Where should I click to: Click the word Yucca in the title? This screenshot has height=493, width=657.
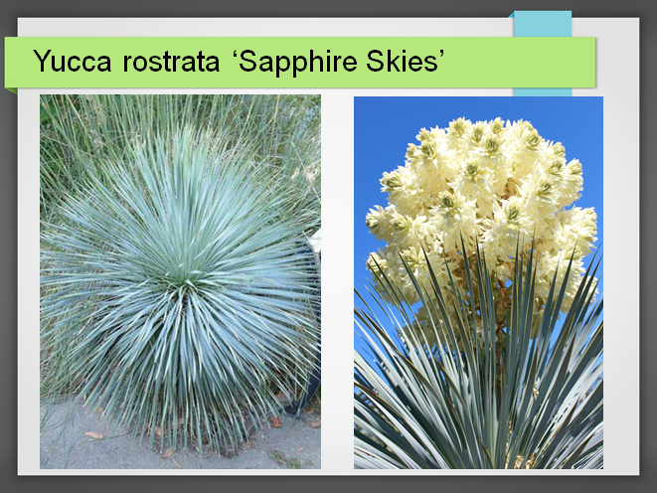(73, 62)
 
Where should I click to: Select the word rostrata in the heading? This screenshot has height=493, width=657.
(171, 62)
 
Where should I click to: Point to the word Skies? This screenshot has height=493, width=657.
(400, 62)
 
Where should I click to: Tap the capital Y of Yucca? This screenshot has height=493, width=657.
(42, 62)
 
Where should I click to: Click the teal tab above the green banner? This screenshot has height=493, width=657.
(543, 24)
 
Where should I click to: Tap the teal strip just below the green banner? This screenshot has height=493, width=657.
(543, 92)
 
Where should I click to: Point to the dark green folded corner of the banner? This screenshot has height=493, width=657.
(11, 90)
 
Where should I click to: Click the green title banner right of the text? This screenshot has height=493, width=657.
(520, 62)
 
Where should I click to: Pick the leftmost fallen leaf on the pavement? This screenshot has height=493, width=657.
(93, 435)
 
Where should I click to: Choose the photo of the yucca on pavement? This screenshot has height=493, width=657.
(180, 281)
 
